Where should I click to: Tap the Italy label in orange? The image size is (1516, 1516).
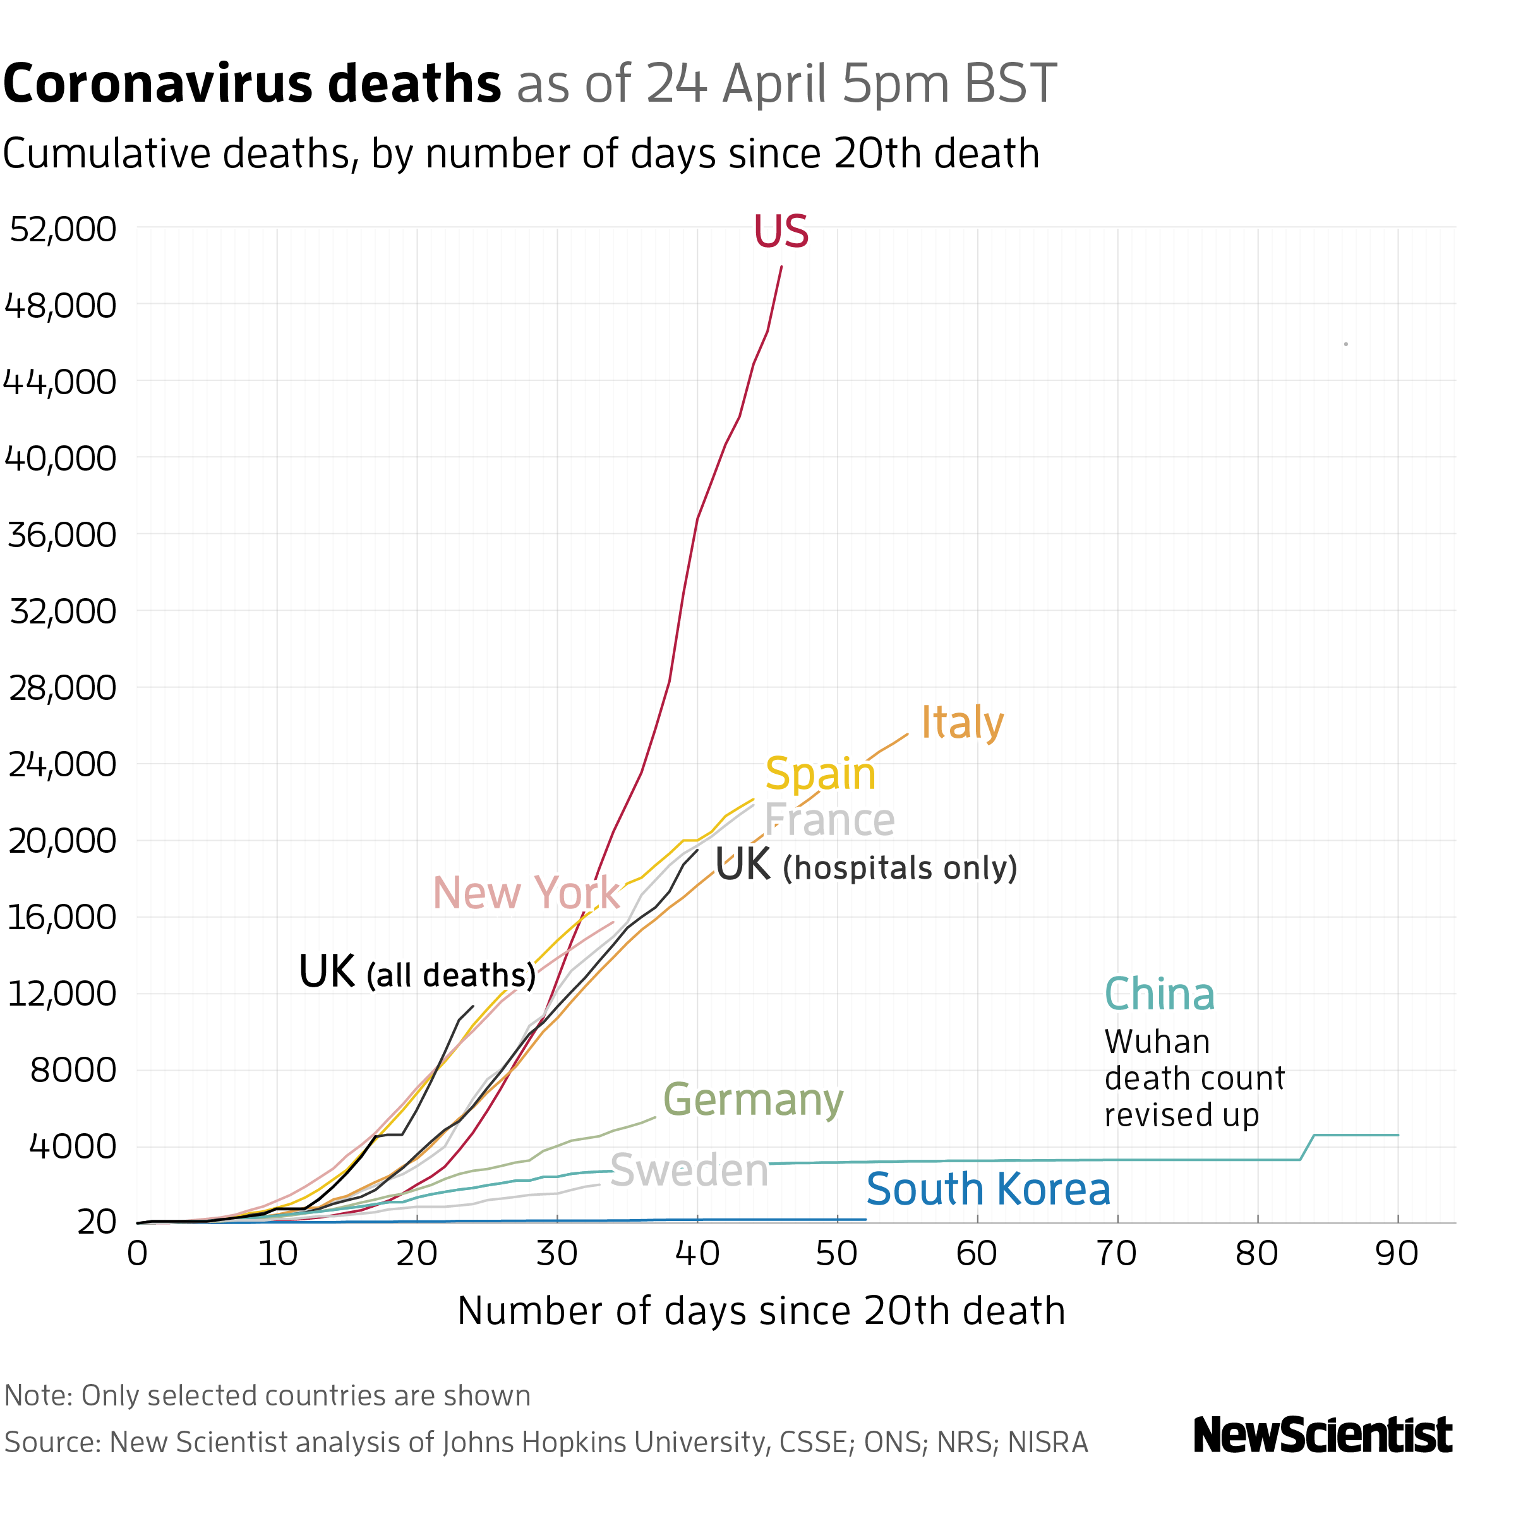click(961, 722)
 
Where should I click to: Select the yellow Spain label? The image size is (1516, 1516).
click(820, 774)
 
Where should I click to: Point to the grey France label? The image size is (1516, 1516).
click(829, 820)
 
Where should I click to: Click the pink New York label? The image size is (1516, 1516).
click(526, 893)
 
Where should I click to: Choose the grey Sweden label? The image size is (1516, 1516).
click(689, 1170)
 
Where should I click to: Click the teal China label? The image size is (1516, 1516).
click(1159, 994)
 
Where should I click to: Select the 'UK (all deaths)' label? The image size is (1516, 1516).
click(417, 973)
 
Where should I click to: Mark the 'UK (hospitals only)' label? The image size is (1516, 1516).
click(865, 865)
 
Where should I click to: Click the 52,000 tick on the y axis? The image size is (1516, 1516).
click(63, 229)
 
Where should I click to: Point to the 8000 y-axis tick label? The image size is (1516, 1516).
click(73, 1069)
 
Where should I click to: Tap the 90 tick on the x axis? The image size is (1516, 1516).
click(1397, 1254)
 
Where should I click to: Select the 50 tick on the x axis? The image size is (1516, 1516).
click(836, 1254)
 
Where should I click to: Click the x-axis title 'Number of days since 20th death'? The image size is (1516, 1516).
click(761, 1311)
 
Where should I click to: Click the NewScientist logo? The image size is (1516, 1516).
click(1322, 1435)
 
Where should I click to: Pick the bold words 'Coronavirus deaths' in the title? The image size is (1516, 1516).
click(252, 84)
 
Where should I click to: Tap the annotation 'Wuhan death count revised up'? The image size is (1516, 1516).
click(1193, 1079)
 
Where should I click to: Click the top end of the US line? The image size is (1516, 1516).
click(781, 268)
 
